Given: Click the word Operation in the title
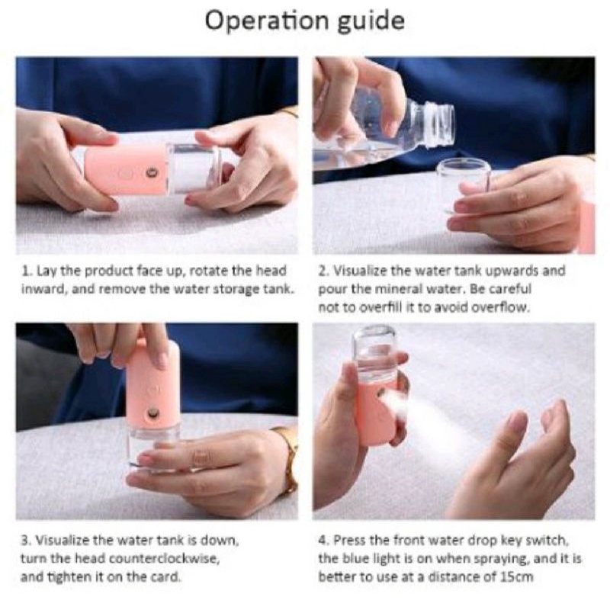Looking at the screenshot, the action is (x=267, y=21).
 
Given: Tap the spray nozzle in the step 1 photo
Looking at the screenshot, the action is (x=150, y=172).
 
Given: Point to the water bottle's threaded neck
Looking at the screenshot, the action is (x=440, y=124).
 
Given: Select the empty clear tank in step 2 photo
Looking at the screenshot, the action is (x=459, y=187).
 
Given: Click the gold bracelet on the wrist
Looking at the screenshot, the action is (x=289, y=460).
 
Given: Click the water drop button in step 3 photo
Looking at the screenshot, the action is (x=153, y=389).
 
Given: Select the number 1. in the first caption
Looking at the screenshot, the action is (x=27, y=271).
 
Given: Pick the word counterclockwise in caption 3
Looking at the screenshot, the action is (x=164, y=559).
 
